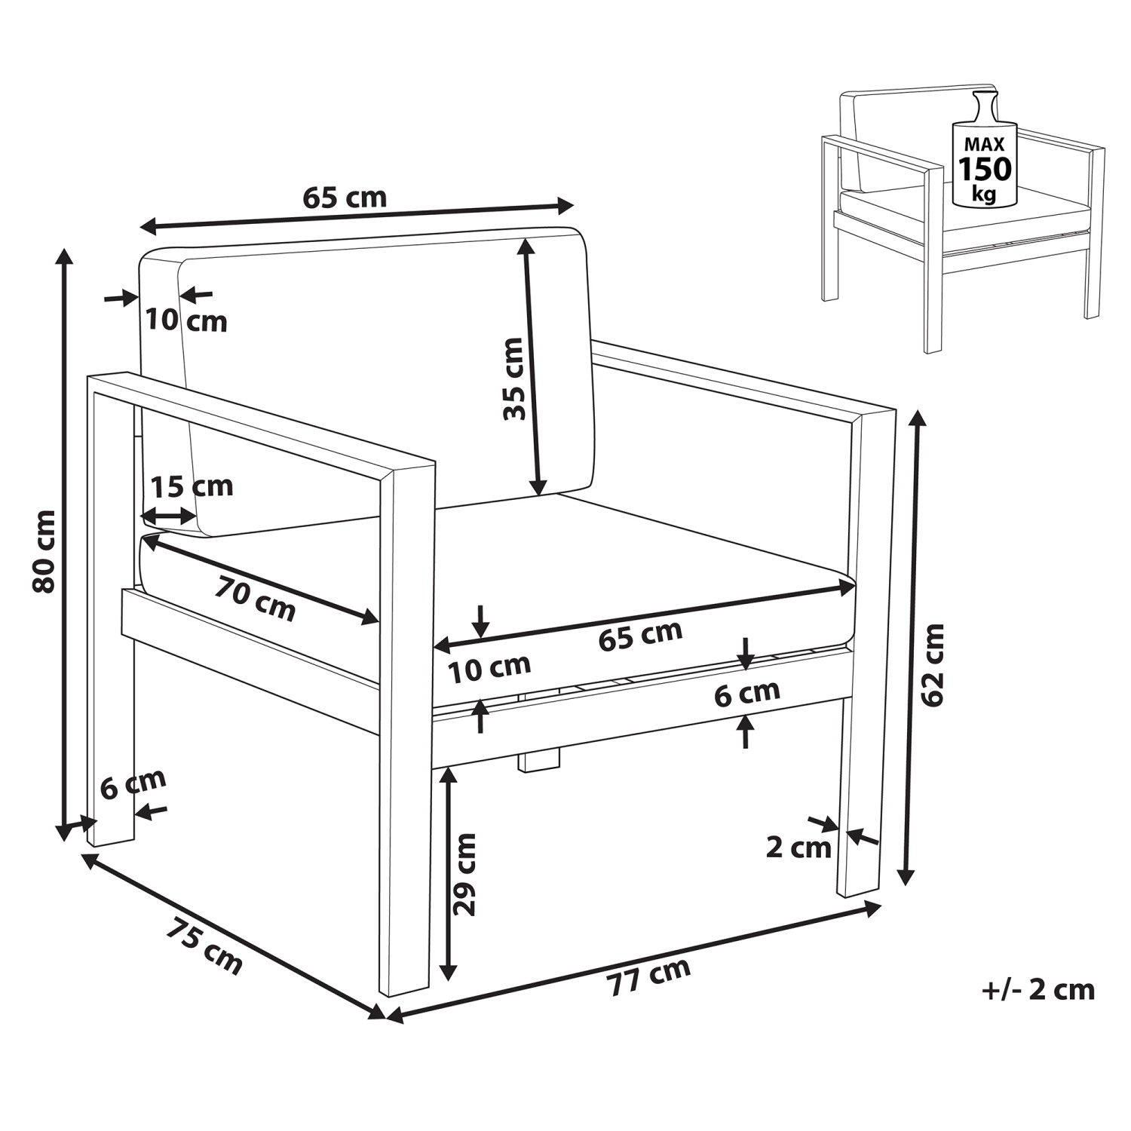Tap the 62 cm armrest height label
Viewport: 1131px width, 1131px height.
[x=933, y=664]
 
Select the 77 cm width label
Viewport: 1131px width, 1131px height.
[x=649, y=977]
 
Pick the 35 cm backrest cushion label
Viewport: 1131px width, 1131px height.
[x=514, y=379]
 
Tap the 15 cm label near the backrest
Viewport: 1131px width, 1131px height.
[x=192, y=486]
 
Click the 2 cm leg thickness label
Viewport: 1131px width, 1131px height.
[x=798, y=847]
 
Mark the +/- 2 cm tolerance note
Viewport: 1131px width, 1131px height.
[x=1038, y=989]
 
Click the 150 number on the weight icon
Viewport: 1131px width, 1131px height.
[x=984, y=169]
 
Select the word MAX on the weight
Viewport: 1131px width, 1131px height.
[x=984, y=144]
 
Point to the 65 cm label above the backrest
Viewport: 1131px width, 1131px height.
[x=345, y=198]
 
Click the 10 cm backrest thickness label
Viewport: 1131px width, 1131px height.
[x=186, y=320]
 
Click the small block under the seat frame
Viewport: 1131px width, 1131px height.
[x=540, y=761]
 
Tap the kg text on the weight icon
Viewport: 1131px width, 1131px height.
[x=983, y=194]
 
